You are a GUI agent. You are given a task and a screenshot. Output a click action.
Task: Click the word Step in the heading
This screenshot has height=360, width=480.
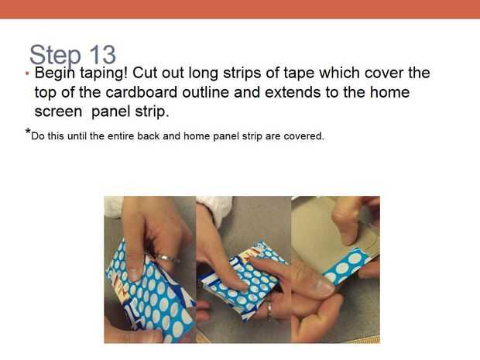(55, 56)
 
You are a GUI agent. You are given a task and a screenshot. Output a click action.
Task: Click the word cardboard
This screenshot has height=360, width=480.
(142, 92)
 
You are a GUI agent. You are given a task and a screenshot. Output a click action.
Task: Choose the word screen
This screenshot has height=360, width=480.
(58, 112)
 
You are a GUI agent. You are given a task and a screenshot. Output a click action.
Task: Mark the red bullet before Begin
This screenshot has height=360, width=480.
(27, 74)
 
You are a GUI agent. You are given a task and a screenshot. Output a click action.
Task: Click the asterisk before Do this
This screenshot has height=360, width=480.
(28, 132)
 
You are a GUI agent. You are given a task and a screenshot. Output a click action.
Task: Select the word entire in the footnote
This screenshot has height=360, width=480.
(121, 136)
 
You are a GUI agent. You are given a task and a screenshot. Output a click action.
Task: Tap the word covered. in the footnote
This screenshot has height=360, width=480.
(303, 136)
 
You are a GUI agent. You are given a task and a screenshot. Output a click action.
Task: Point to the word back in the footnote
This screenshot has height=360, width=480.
(149, 136)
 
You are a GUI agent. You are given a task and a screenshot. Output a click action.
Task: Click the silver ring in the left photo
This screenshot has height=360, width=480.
(166, 259)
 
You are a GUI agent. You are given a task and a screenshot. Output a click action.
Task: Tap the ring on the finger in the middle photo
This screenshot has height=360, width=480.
(269, 310)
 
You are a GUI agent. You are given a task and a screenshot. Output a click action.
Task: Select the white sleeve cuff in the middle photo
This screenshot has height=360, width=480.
(214, 209)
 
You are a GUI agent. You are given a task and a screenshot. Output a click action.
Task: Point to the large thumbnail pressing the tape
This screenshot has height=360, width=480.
(323, 286)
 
